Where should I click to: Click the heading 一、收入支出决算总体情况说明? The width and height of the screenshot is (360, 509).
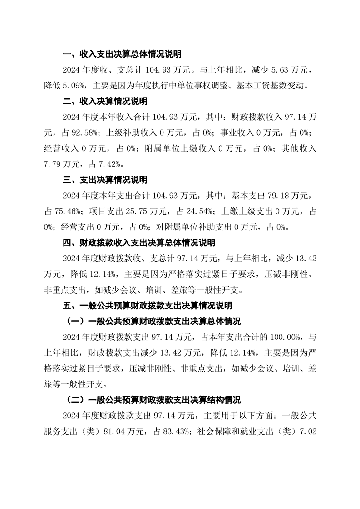(x=122, y=54)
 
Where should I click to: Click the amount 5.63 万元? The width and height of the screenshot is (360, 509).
(x=285, y=70)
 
